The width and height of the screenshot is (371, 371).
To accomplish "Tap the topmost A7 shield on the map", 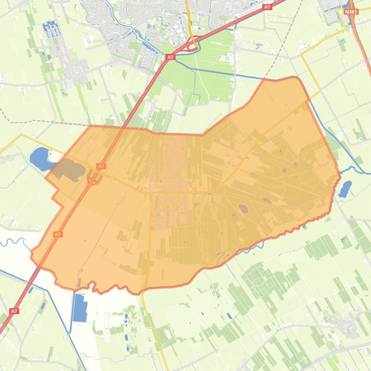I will [267, 7].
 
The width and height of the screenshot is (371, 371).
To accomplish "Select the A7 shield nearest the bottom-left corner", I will [14, 311].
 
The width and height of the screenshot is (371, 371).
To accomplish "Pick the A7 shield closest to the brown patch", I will [101, 166].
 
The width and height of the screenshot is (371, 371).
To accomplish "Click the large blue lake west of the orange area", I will [41, 159].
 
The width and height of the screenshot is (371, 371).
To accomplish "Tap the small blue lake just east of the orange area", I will [345, 189].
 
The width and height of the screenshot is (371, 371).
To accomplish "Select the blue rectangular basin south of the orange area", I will [79, 307].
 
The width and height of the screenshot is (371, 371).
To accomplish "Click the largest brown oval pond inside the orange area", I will [243, 209].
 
